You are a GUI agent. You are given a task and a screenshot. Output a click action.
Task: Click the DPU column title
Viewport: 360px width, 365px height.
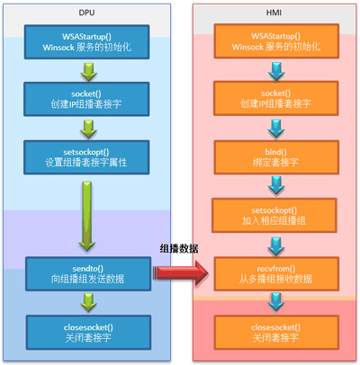[86, 13]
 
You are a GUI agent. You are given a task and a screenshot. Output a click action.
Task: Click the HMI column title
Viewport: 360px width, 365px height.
[274, 13]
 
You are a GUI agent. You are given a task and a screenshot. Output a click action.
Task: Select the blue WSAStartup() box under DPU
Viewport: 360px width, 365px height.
[86, 41]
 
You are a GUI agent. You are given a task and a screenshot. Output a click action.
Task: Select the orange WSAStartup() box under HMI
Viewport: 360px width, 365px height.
[276, 41]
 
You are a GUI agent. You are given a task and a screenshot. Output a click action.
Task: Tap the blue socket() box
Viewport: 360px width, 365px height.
[86, 99]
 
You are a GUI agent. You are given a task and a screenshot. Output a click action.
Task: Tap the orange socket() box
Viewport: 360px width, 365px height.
[276, 98]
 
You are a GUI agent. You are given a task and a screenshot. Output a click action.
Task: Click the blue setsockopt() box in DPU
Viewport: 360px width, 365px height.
[86, 157]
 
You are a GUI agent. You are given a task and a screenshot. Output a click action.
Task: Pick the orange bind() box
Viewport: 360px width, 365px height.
[276, 157]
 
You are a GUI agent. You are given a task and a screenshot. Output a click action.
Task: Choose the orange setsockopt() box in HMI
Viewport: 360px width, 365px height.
[274, 216]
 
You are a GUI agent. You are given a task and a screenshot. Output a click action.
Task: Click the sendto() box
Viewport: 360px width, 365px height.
[88, 273]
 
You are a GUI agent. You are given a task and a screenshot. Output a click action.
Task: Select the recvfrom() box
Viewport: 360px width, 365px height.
[276, 273]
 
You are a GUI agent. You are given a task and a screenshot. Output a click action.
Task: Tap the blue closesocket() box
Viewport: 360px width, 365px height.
[88, 333]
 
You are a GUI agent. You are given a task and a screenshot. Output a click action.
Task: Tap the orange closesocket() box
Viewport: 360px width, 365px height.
[276, 333]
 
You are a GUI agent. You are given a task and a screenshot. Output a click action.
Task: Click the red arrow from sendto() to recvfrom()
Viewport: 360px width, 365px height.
[181, 272]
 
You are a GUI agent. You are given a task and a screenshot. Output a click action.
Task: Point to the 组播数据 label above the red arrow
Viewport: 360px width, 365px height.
[179, 249]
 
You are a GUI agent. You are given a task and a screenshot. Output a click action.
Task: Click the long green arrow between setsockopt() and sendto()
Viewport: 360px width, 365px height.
[87, 216]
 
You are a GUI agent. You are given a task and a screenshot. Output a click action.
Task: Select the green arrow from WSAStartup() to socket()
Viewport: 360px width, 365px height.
[88, 72]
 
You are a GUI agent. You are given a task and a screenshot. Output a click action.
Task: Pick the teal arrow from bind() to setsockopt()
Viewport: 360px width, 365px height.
[276, 185]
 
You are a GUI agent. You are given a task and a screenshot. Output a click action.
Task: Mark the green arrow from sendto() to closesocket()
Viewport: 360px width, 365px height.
[88, 303]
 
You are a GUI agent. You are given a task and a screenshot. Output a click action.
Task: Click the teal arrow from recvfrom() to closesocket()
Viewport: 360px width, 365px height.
[276, 303]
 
